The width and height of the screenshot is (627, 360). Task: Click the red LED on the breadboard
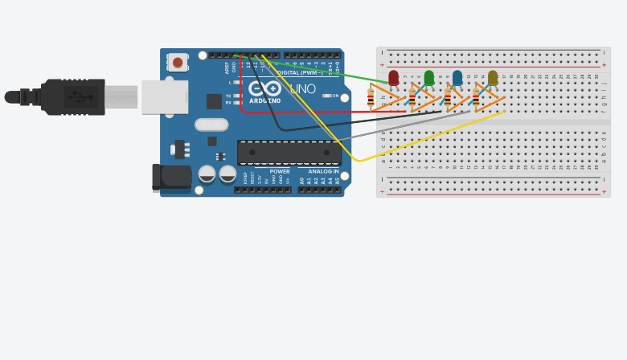coord(393,77)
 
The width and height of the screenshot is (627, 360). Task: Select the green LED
coord(428,77)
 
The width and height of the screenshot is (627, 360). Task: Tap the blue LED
coord(457,77)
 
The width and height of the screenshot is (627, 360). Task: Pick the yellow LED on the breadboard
coord(493,77)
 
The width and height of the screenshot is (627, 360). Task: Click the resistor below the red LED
coord(371,98)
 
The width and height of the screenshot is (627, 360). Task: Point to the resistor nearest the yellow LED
coord(476,98)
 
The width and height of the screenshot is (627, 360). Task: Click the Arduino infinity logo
coord(264,88)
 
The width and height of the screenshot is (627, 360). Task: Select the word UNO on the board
coord(303,88)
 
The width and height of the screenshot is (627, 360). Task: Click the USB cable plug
coord(72,97)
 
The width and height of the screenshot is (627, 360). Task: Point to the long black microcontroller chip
coord(289,152)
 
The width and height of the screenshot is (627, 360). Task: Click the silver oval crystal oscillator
coord(211,125)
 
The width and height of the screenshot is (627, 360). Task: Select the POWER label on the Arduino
coord(280,171)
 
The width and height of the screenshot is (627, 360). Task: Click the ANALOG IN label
coord(323,171)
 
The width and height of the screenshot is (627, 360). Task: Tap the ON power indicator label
coord(335,96)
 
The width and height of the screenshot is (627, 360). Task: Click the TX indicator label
coord(228,96)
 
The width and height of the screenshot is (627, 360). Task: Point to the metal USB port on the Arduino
coord(165,97)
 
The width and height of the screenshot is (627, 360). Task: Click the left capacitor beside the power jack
coord(207,174)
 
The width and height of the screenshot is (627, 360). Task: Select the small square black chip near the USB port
coord(214,101)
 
